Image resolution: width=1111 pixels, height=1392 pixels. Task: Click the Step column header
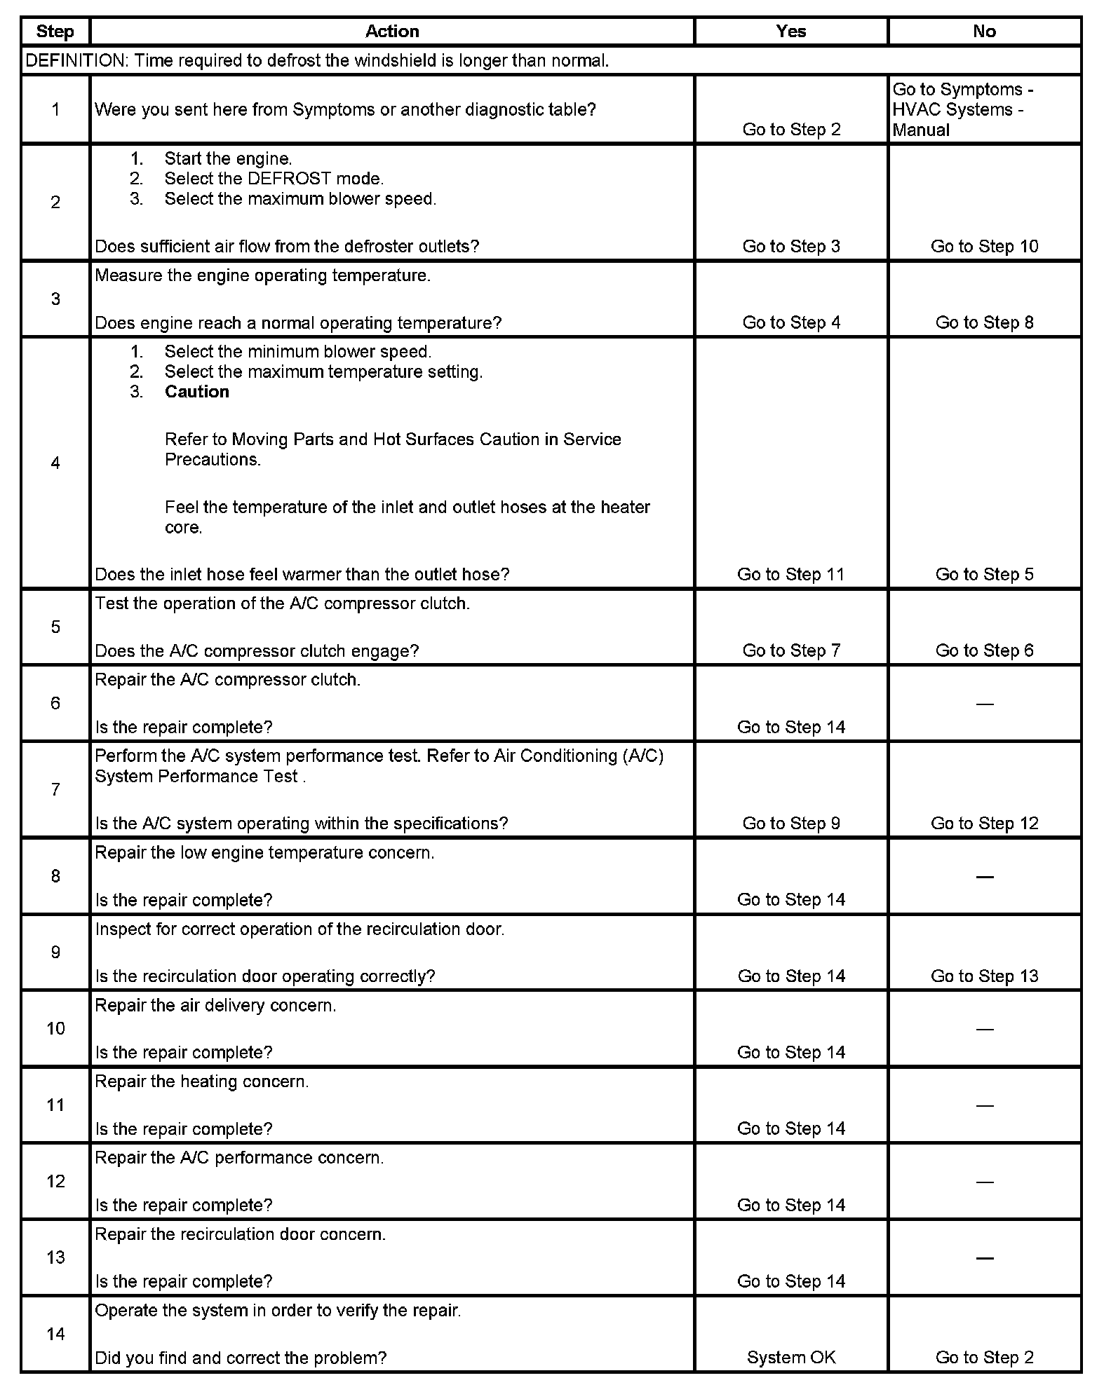[55, 32]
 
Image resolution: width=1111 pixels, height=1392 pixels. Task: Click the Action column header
[392, 32]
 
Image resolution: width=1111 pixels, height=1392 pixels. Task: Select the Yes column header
[791, 32]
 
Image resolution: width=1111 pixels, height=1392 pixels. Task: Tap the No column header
[984, 32]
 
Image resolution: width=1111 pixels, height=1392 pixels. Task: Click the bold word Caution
[197, 392]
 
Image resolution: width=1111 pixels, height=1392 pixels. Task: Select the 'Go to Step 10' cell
[984, 247]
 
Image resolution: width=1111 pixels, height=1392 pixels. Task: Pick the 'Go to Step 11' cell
[791, 575]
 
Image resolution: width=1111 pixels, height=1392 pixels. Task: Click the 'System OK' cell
[791, 1358]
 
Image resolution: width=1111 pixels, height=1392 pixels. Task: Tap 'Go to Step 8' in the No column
[984, 323]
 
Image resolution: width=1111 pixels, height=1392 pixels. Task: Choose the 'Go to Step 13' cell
[984, 977]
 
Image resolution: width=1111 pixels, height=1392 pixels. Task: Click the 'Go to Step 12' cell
[984, 824]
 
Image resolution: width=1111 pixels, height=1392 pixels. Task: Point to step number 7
[55, 790]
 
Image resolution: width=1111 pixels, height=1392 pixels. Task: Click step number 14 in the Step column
[55, 1334]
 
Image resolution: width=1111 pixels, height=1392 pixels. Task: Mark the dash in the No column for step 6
[985, 704]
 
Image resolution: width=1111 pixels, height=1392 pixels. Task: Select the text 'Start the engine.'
[228, 159]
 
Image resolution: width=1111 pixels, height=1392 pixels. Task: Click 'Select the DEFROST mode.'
[274, 179]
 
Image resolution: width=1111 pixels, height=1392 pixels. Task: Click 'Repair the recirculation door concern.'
[241, 1234]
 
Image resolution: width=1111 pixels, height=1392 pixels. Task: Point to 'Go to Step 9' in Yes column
[791, 824]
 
